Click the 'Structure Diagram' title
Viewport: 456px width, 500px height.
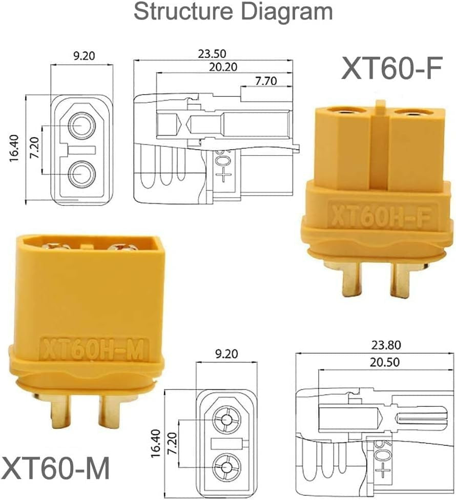[233, 12]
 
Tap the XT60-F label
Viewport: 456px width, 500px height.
[392, 68]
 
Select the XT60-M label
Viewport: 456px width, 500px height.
[56, 468]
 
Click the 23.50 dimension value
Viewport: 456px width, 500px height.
[212, 54]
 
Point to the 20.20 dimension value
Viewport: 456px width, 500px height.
[223, 67]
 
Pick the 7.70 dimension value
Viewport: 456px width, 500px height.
[265, 81]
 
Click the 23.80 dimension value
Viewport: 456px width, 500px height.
[386, 345]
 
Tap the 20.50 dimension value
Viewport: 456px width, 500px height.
[385, 362]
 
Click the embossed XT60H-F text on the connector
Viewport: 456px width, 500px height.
[381, 215]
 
